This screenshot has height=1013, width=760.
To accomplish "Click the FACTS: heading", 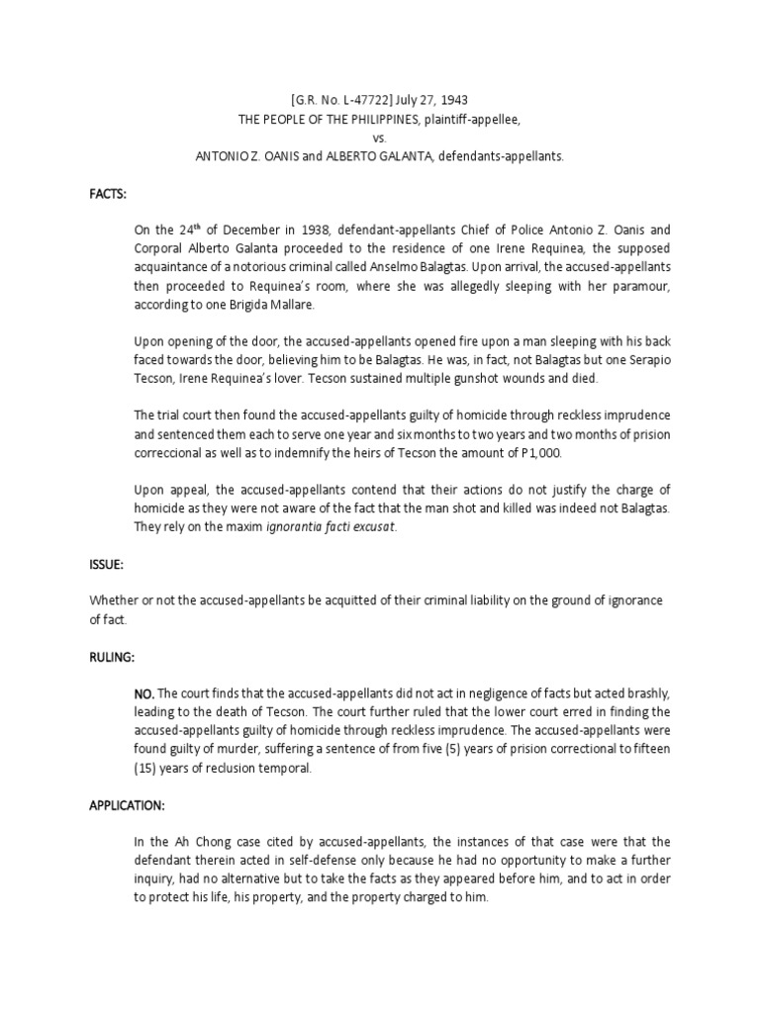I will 107,196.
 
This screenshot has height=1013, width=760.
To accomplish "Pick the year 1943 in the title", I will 453,101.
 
